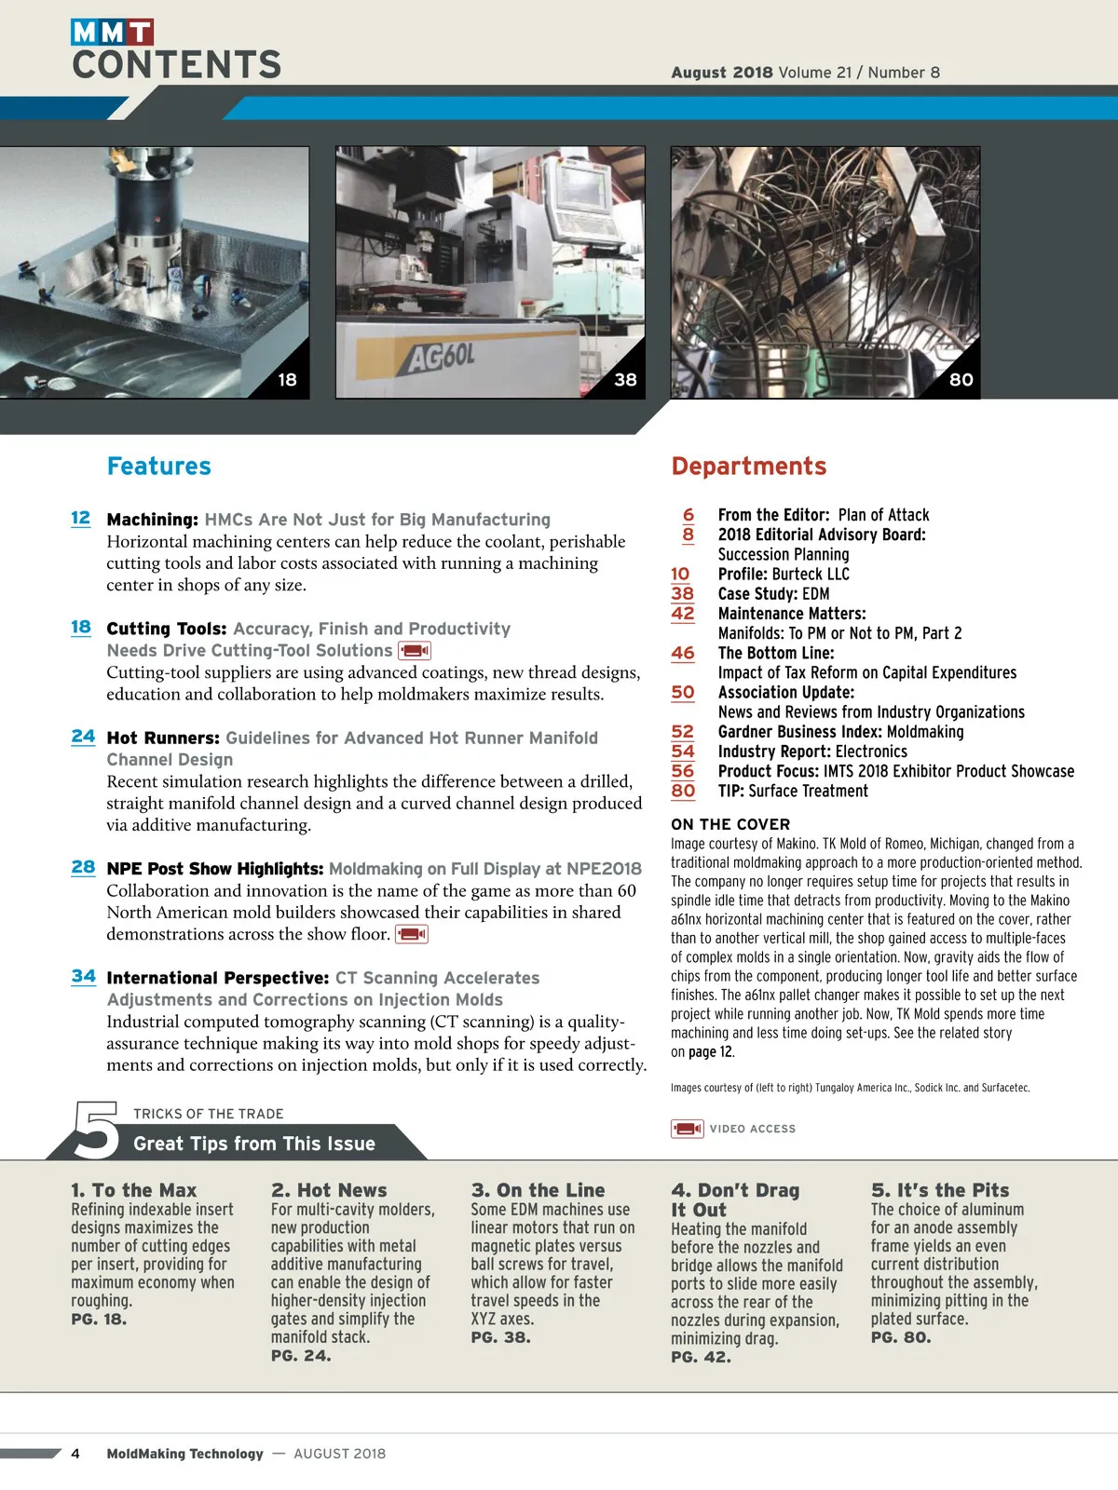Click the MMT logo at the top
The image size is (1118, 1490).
112,33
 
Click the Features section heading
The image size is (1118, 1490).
159,466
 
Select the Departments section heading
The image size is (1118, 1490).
749,466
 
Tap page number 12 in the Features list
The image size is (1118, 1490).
81,518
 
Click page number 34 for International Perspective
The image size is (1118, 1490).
83,976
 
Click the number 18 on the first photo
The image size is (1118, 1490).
287,380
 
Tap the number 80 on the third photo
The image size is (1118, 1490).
961,380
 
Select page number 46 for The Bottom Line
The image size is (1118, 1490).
683,653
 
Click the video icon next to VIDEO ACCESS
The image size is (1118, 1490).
688,1129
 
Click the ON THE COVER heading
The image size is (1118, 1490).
730,824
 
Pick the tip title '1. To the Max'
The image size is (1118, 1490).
134,1190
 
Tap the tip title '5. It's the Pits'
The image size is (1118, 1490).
940,1190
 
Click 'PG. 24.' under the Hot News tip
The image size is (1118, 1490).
301,1356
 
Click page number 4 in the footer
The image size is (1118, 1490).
75,1454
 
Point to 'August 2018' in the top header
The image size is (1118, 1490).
722,73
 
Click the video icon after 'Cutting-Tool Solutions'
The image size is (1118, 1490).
415,651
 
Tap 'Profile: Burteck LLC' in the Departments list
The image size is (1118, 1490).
784,574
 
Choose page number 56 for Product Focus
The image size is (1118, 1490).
683,771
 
